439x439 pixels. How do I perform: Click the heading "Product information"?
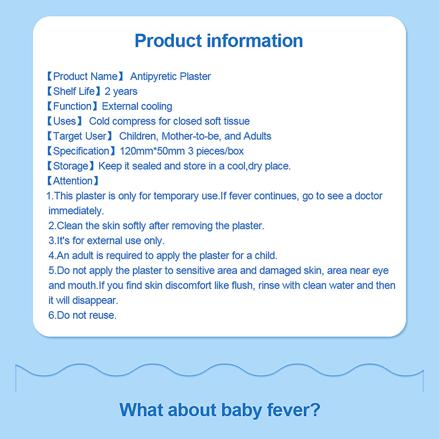tap(218, 41)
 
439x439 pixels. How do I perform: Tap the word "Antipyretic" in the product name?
tap(154, 76)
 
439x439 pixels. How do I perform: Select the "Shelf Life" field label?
tap(74, 91)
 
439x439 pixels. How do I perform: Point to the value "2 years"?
tap(121, 92)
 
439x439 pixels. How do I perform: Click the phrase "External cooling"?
tap(137, 106)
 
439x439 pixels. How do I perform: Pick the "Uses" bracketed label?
tap(64, 121)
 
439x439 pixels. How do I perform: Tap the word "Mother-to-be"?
tap(192, 136)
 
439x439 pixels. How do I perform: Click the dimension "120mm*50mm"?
tap(153, 151)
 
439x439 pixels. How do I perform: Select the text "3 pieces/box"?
tap(216, 151)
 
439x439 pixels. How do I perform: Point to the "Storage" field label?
tap(71, 166)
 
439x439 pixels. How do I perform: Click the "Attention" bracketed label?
tap(73, 181)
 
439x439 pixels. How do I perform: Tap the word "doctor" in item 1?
tap(368, 196)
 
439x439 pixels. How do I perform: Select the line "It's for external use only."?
tap(106, 241)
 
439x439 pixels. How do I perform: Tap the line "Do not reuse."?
tap(82, 315)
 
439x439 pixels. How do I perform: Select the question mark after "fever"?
tap(315, 409)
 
